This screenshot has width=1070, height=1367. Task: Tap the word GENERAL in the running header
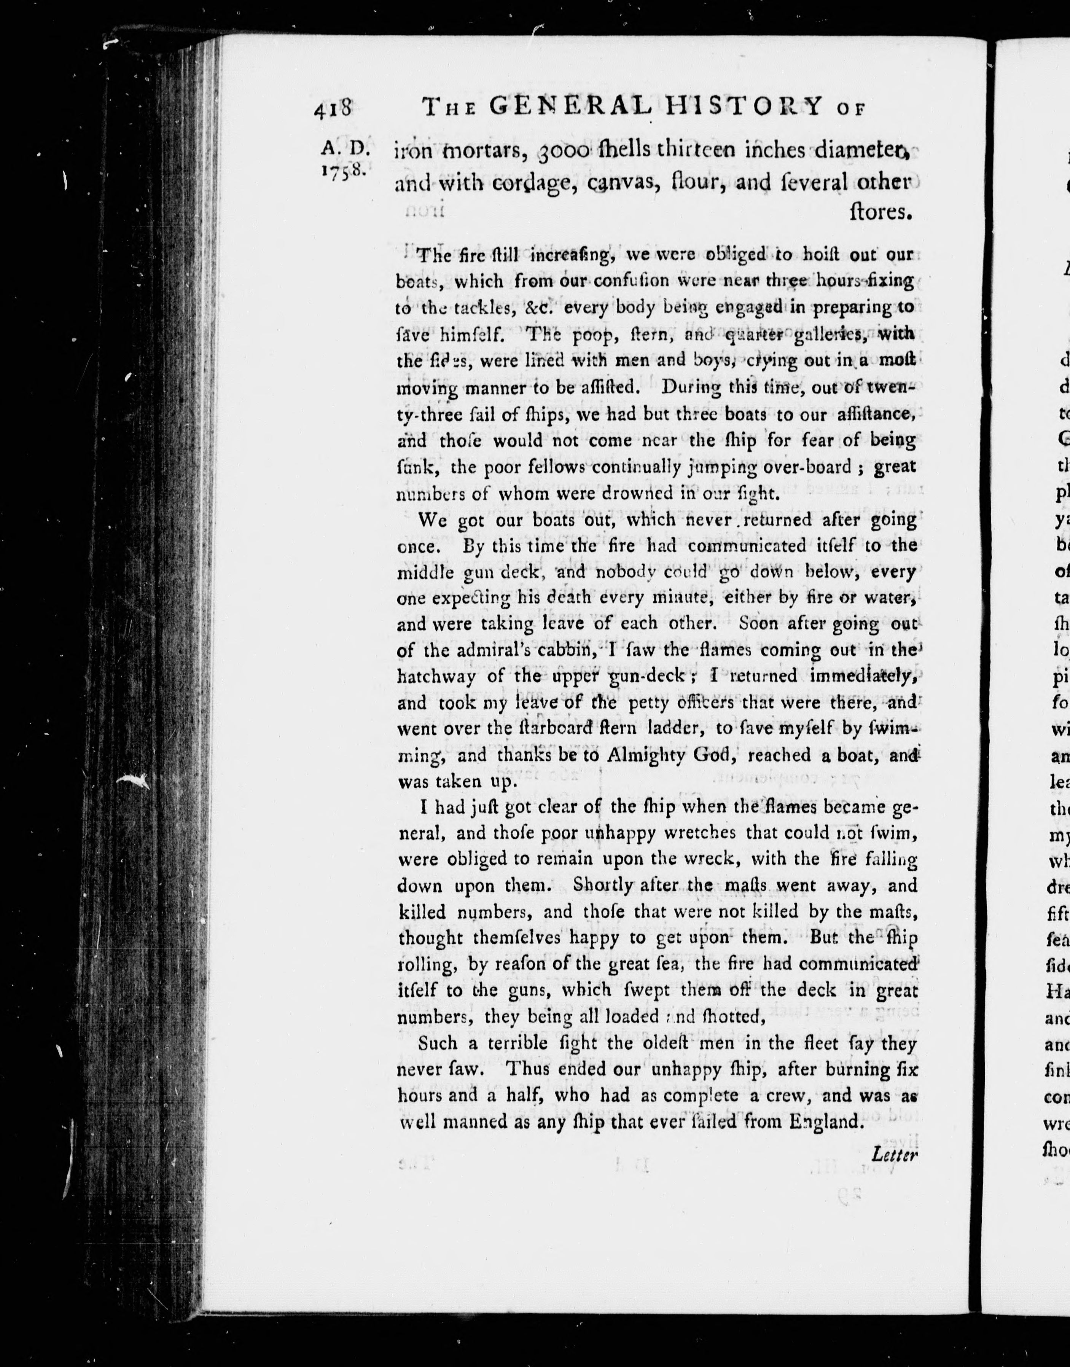pyautogui.click(x=570, y=107)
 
